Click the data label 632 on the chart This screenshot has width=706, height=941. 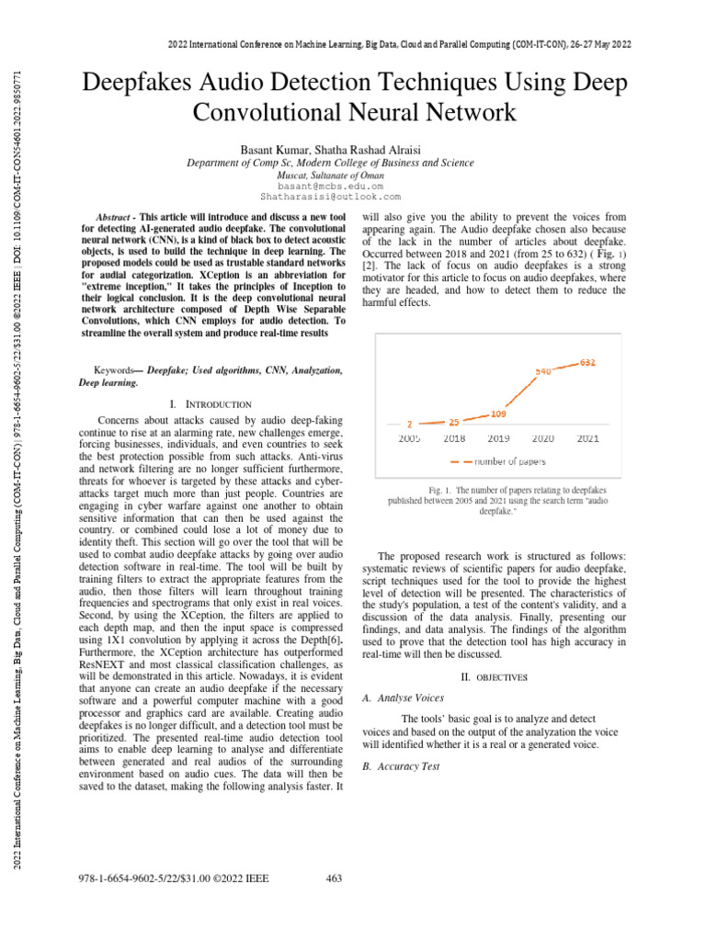[x=588, y=362]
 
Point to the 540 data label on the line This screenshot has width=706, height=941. [x=544, y=371]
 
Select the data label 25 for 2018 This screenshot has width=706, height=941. [x=454, y=422]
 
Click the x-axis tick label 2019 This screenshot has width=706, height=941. [x=499, y=439]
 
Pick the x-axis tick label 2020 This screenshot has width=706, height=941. [x=543, y=439]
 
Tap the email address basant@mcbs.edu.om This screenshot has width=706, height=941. [x=331, y=186]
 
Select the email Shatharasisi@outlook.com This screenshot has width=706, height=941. [x=331, y=197]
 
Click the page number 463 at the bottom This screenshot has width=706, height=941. [x=335, y=879]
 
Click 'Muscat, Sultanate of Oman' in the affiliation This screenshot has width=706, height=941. [x=331, y=175]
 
